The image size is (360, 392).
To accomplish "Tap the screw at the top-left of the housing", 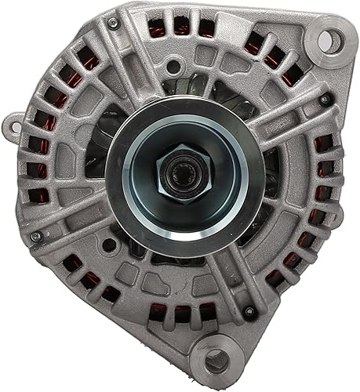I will point(114,24).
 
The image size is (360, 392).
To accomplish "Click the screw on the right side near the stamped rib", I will point(324,100).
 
